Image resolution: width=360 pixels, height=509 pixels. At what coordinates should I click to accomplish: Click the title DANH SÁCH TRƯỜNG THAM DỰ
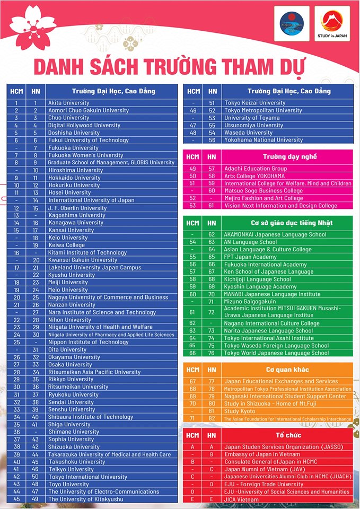point(170,68)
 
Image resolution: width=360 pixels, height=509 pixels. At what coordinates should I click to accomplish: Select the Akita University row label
point(69,103)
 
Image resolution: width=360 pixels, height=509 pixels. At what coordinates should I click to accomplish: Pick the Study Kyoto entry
point(240,411)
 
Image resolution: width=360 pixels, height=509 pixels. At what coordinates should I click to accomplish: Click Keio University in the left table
point(68,238)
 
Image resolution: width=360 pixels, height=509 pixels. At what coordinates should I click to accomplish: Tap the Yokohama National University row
point(264,140)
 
